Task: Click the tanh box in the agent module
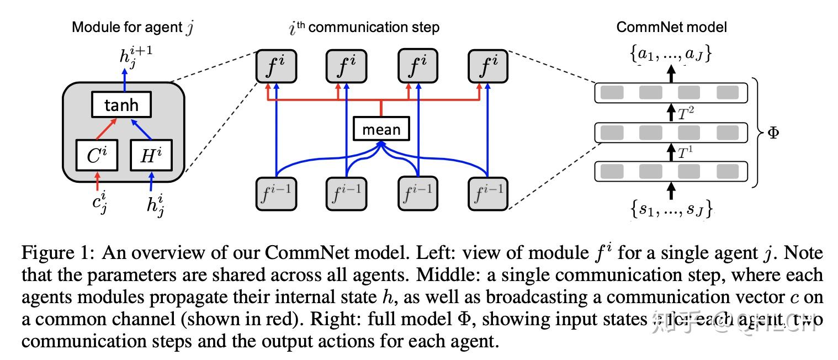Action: click(121, 105)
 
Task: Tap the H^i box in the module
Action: click(151, 156)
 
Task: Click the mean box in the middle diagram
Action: click(381, 129)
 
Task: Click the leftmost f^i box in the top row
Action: click(276, 66)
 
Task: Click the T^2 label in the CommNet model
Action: click(686, 114)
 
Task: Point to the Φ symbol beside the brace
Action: click(773, 133)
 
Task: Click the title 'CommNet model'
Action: click(671, 27)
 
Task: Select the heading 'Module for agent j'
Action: click(132, 28)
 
